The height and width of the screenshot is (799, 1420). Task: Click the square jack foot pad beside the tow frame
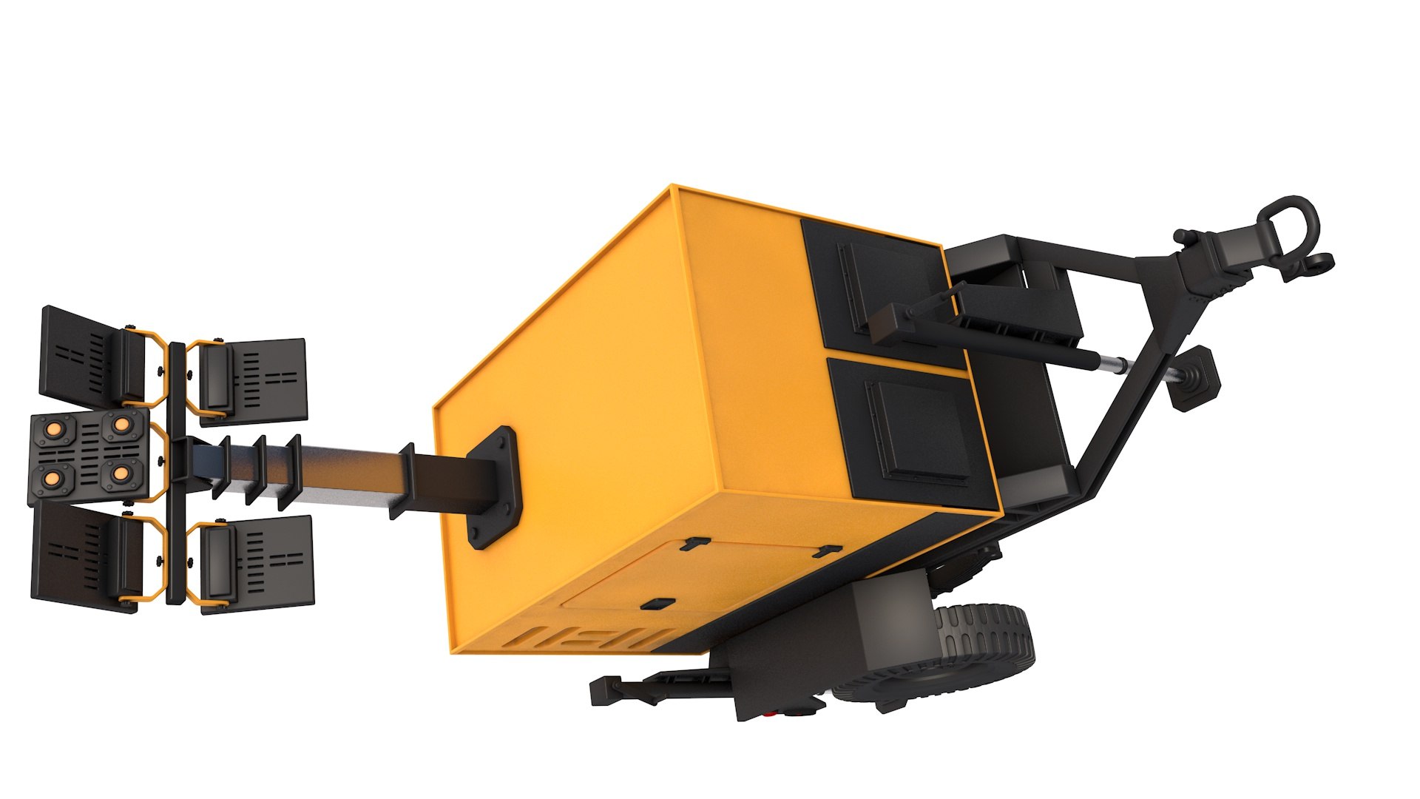pyautogui.click(x=1193, y=377)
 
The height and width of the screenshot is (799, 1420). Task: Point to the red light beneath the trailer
pyautogui.click(x=771, y=715)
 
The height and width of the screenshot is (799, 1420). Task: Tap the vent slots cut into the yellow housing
pyautogui.click(x=592, y=635)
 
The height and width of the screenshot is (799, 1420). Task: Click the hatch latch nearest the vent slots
pyautogui.click(x=657, y=604)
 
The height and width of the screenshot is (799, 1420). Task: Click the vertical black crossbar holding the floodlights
pyautogui.click(x=176, y=473)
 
